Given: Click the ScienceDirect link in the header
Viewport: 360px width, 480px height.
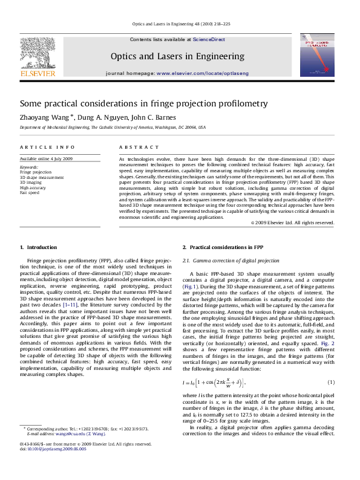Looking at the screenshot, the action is click(x=209, y=39).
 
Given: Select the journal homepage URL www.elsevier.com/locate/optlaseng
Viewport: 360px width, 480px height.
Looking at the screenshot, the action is click(x=202, y=73).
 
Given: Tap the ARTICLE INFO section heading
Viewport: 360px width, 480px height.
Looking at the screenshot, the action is click(x=47, y=148).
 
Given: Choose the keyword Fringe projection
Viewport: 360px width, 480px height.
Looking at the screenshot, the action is click(x=36, y=172).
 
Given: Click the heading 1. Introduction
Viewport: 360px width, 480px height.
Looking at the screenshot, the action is click(x=39, y=247).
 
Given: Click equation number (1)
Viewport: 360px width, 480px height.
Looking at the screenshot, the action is click(x=331, y=383).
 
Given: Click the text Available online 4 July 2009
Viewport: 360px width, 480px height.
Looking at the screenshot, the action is click(x=46, y=158).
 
